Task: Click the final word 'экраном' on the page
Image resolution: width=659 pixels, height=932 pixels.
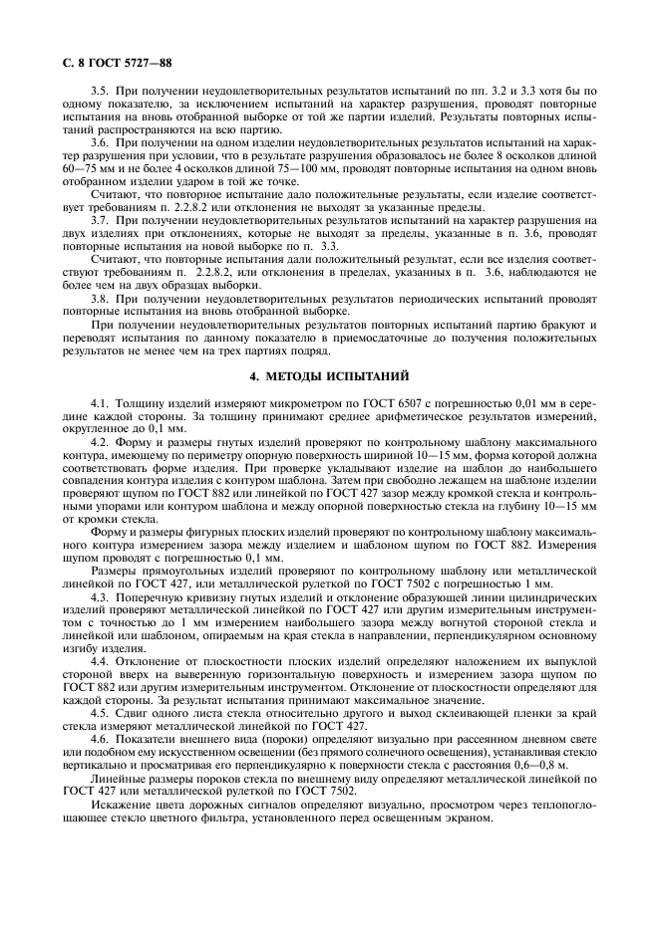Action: coord(466,818)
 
